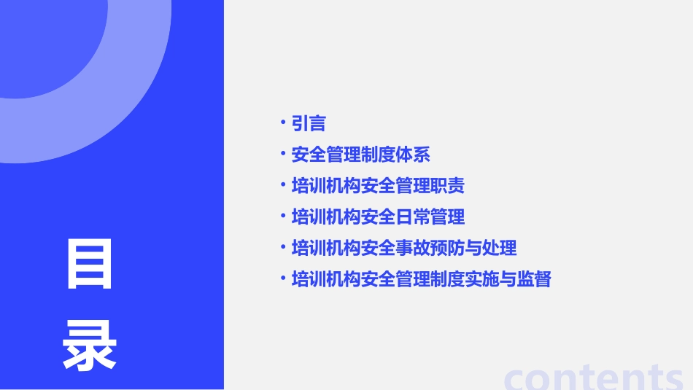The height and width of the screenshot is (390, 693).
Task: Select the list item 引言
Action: point(308,123)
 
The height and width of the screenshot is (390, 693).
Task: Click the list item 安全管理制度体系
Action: point(360,155)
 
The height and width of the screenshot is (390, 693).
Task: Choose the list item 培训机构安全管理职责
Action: point(378,186)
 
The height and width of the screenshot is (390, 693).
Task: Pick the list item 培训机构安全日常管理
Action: point(378,217)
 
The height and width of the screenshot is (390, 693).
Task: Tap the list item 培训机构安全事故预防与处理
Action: point(403,248)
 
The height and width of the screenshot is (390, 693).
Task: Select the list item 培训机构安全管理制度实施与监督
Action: point(421,279)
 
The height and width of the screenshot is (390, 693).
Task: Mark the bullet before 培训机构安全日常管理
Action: point(283,216)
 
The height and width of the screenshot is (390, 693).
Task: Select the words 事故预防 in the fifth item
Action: point(430,248)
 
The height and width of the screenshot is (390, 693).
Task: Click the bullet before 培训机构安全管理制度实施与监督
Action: point(283,278)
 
